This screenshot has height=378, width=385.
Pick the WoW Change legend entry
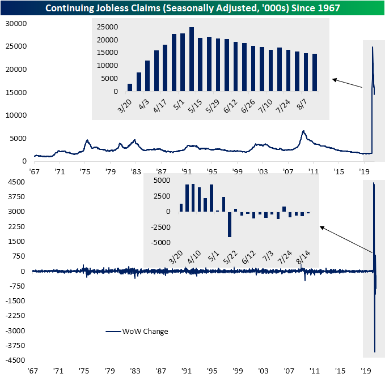click(x=145, y=331)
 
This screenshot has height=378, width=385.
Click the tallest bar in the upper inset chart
click(x=192, y=59)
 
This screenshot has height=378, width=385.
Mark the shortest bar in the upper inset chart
click(x=130, y=87)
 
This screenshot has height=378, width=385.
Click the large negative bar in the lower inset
click(x=230, y=224)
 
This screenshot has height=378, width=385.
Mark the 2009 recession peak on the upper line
click(x=304, y=132)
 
